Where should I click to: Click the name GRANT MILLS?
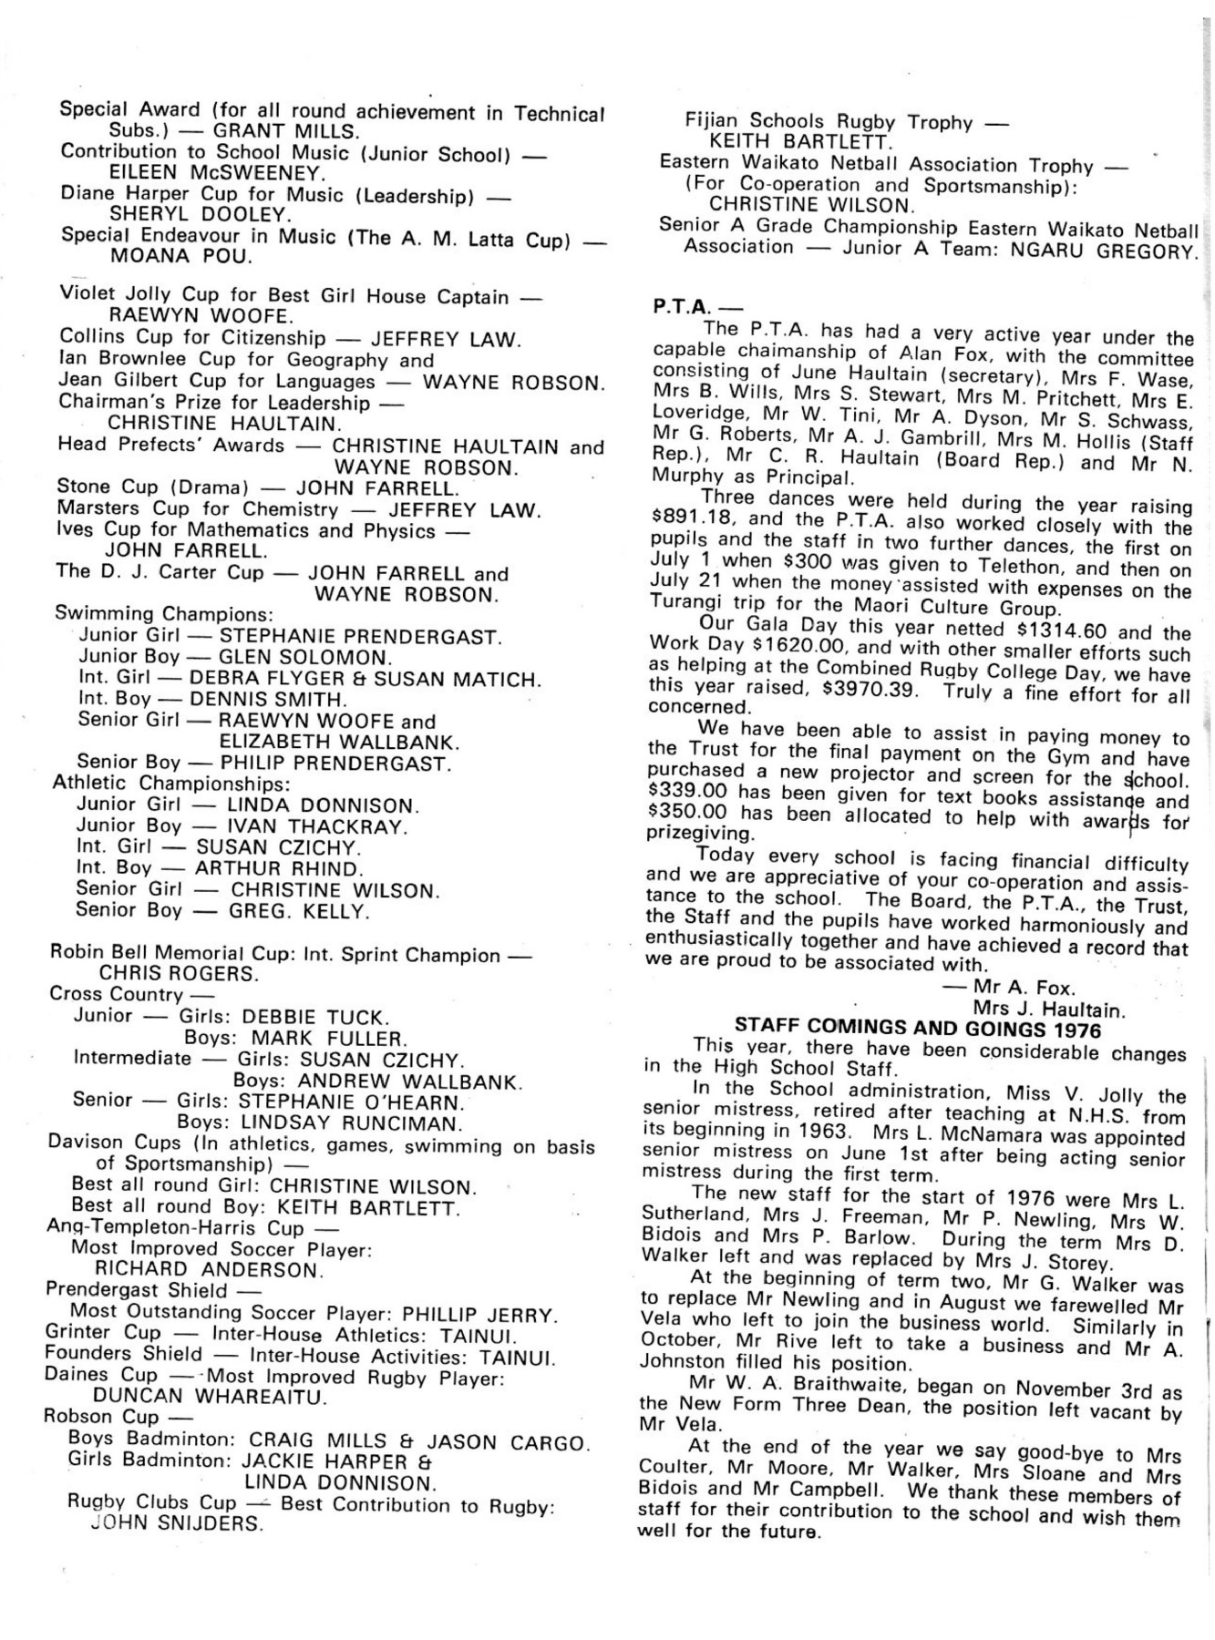(x=287, y=131)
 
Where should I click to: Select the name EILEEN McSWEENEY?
(x=215, y=172)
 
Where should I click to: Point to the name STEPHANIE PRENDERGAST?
(x=360, y=637)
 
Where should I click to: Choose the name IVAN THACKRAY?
(x=315, y=827)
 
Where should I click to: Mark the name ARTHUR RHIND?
(x=279, y=868)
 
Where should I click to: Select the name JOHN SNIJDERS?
(x=178, y=1522)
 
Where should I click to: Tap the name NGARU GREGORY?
(x=1104, y=250)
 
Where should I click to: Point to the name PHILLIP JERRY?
(x=479, y=1316)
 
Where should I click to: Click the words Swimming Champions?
(x=164, y=614)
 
